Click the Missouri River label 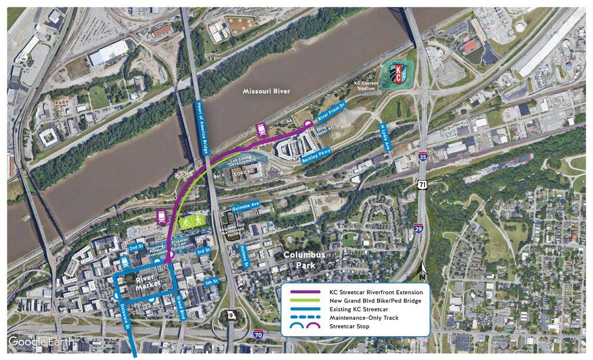pos(267,92)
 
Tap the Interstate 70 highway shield pos(259,335)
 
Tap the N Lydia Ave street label pos(384,137)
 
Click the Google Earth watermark pos(41,342)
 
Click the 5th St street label pos(211,282)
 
